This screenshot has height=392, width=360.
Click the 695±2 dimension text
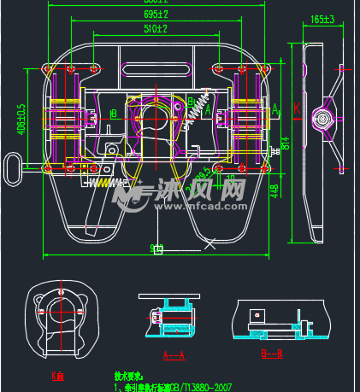(x=156, y=15)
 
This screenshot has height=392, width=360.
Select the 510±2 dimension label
(x=156, y=28)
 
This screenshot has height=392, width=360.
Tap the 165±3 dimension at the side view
(x=322, y=18)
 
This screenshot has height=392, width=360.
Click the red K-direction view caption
(x=58, y=374)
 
